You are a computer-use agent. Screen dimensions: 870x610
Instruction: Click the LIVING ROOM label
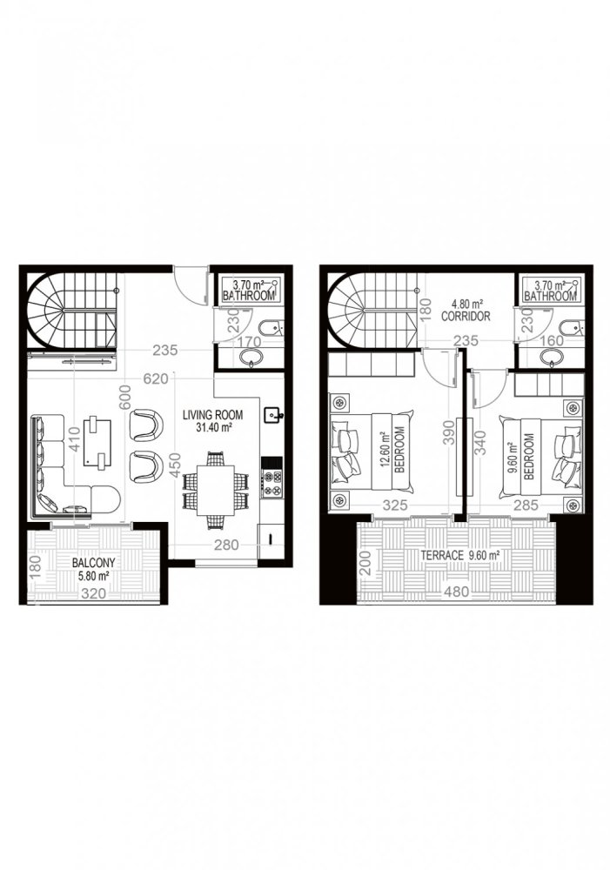click(x=212, y=415)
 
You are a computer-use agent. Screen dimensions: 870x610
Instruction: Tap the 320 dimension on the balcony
click(x=91, y=595)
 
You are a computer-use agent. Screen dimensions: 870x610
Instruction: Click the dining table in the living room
click(x=214, y=490)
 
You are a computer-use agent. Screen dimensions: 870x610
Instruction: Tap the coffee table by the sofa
click(x=98, y=436)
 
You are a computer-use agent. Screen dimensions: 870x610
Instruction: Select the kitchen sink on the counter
click(x=274, y=415)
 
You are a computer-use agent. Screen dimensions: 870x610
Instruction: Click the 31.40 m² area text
click(x=213, y=428)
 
